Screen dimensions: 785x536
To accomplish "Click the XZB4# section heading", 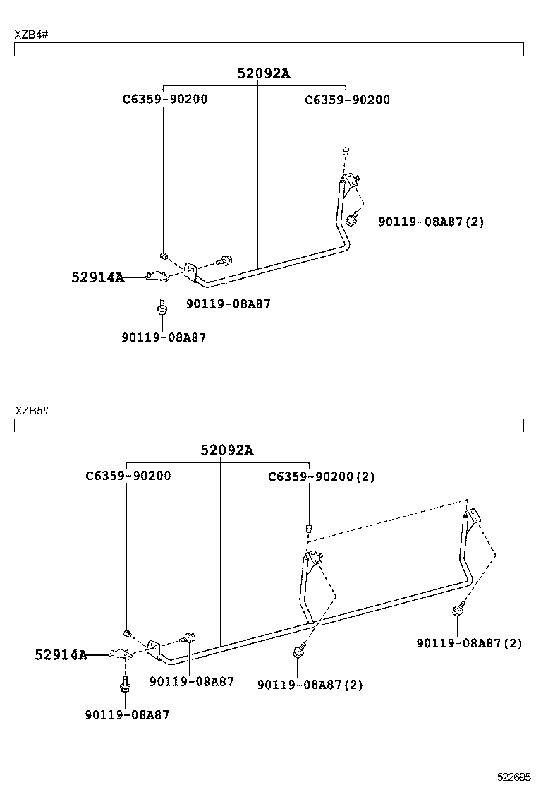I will click(x=32, y=35).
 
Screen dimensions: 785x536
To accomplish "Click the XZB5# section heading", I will click(x=32, y=410).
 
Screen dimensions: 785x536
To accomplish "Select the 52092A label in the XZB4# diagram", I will click(x=263, y=73).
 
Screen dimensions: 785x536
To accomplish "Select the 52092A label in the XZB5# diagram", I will click(x=226, y=450).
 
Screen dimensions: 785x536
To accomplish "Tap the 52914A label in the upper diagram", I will click(x=97, y=277).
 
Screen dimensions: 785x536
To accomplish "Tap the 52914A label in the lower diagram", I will click(x=61, y=655).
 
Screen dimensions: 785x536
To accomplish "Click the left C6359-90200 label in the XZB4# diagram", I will click(x=165, y=100).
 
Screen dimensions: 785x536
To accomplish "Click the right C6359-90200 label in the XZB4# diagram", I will click(x=347, y=100).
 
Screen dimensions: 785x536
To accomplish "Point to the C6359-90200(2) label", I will click(x=321, y=477).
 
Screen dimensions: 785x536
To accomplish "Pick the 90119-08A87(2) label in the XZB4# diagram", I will click(x=431, y=222).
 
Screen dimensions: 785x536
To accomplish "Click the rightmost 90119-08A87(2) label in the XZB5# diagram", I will click(x=469, y=643).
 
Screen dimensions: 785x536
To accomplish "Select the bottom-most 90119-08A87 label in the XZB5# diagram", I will click(x=127, y=714).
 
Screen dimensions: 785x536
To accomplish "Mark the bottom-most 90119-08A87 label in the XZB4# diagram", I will click(x=164, y=337).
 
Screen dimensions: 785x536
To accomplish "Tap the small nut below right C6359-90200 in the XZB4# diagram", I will click(x=346, y=150).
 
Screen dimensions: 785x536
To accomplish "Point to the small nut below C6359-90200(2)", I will click(x=309, y=527).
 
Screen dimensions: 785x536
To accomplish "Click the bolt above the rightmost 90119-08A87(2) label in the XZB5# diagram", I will click(x=458, y=609).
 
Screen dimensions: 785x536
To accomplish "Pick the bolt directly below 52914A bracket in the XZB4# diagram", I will click(x=162, y=307).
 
